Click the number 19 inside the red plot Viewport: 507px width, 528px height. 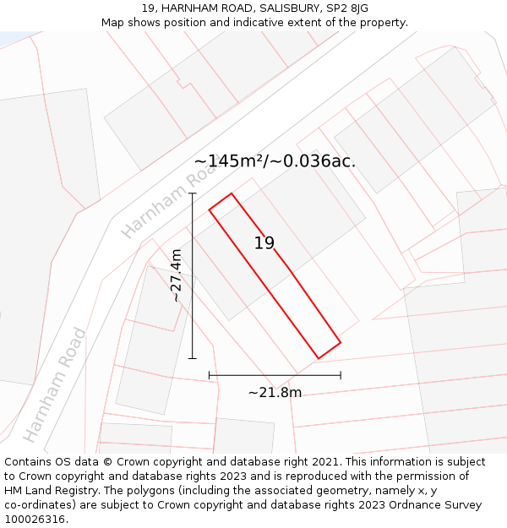tap(264, 243)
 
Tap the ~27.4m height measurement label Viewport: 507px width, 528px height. tap(176, 275)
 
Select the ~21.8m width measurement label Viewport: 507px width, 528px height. tap(275, 392)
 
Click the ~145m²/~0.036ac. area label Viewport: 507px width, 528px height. tap(275, 161)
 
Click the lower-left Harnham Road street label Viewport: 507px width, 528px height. tap(55, 385)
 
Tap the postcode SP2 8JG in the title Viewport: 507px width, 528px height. tap(347, 8)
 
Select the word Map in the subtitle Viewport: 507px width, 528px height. tap(113, 23)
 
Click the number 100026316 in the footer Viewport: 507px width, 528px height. tap(35, 520)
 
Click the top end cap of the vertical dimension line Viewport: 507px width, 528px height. tap(193, 193)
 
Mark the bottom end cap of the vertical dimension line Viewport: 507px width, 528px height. tap(193, 358)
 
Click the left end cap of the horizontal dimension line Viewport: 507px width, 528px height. tap(210, 375)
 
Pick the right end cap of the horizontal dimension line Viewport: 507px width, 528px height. tap(341, 375)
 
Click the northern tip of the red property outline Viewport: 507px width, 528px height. tap(231, 193)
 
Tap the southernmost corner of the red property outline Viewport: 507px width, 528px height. tap(318, 358)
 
